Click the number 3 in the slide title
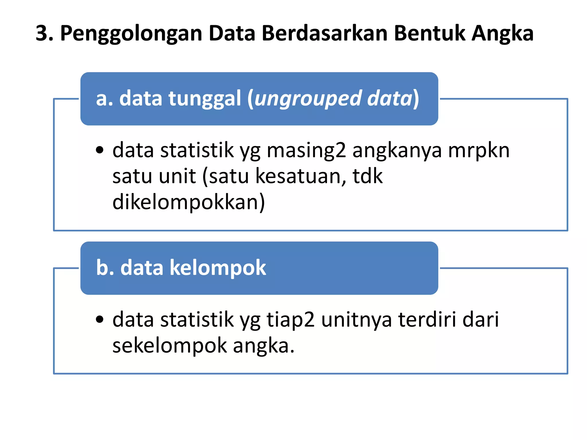point(42,34)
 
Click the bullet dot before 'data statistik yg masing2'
point(99,150)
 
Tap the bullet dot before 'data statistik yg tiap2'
point(99,319)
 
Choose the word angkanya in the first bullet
point(397,151)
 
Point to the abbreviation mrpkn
point(479,150)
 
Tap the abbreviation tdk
point(367,176)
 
